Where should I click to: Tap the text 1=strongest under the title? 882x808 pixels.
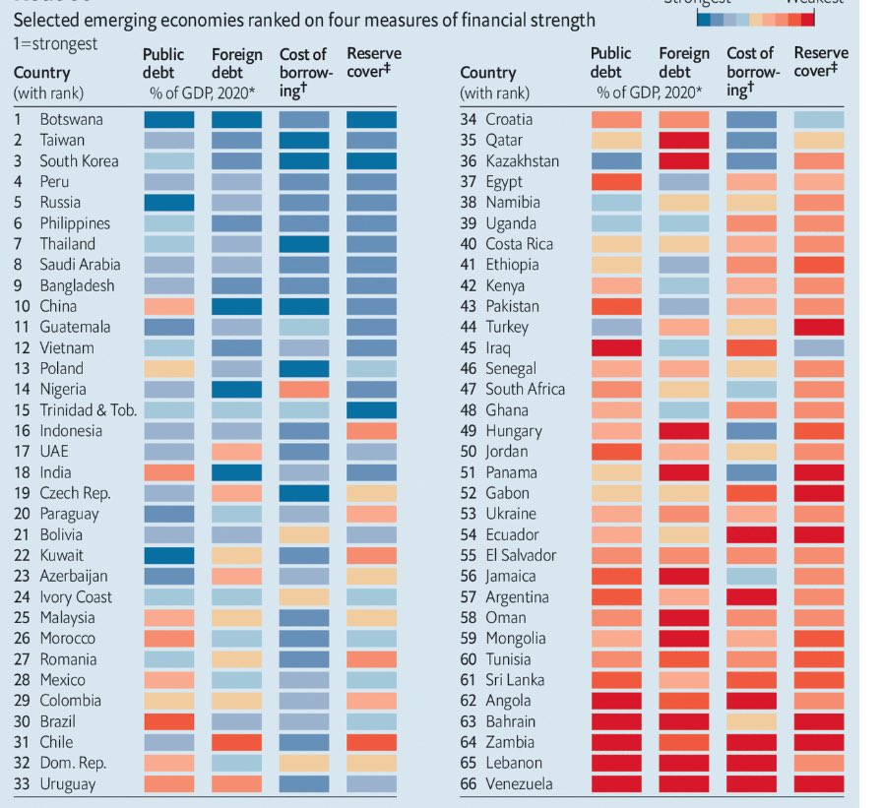point(54,45)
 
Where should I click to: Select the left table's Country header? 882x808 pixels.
point(41,73)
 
